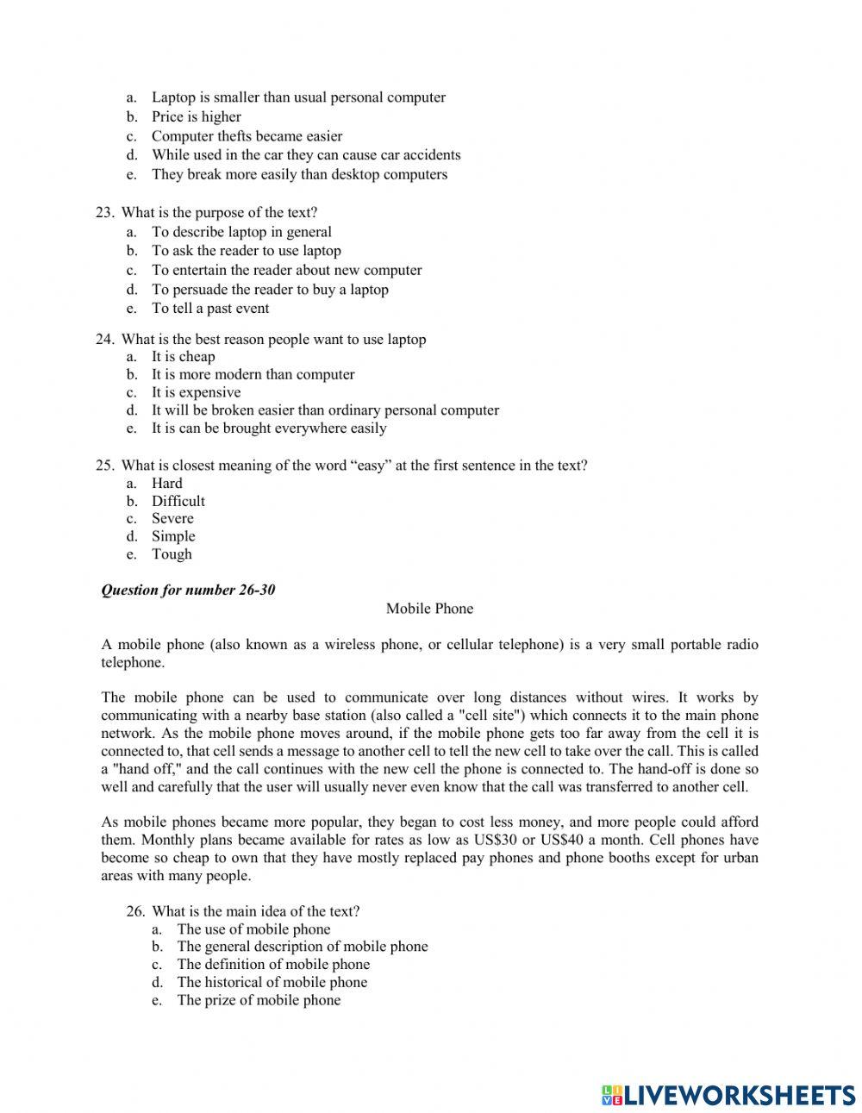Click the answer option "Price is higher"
pos(196,117)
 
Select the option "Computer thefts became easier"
pos(247,136)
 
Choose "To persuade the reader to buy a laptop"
pos(270,290)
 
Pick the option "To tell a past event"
pos(210,309)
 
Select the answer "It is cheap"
pos(183,357)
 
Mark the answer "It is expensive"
pos(196,392)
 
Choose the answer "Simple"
pos(173,536)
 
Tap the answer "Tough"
pos(172,554)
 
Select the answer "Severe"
pos(172,518)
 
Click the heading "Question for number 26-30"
pos(188,591)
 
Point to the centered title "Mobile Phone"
pos(429,609)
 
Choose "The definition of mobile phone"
pos(273,965)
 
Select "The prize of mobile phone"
pos(259,1000)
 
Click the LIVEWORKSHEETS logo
pos(728,1095)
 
